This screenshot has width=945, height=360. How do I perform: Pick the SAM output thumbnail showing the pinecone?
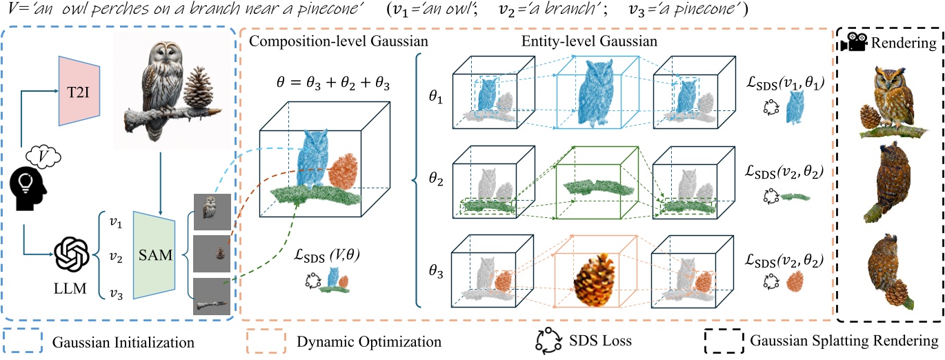click(211, 253)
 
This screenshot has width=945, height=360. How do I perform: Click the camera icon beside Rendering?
click(853, 42)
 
